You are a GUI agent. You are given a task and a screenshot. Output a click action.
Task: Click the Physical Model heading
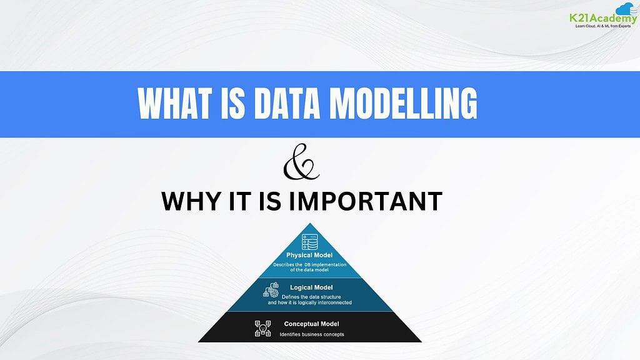309,255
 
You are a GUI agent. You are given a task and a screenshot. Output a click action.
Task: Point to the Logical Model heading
310,287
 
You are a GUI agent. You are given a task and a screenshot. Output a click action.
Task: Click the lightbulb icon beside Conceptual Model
263,328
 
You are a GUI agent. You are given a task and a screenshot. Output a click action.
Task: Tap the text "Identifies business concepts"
311,334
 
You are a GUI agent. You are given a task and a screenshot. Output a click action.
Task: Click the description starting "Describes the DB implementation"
309,267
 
